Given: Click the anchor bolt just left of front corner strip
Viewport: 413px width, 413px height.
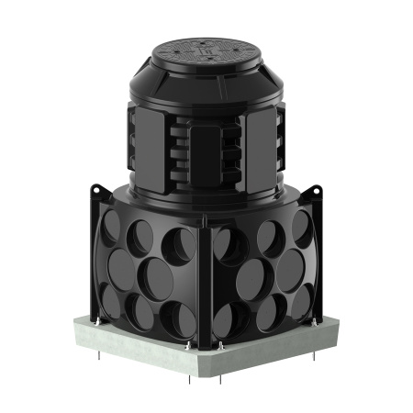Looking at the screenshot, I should pos(193,347).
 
